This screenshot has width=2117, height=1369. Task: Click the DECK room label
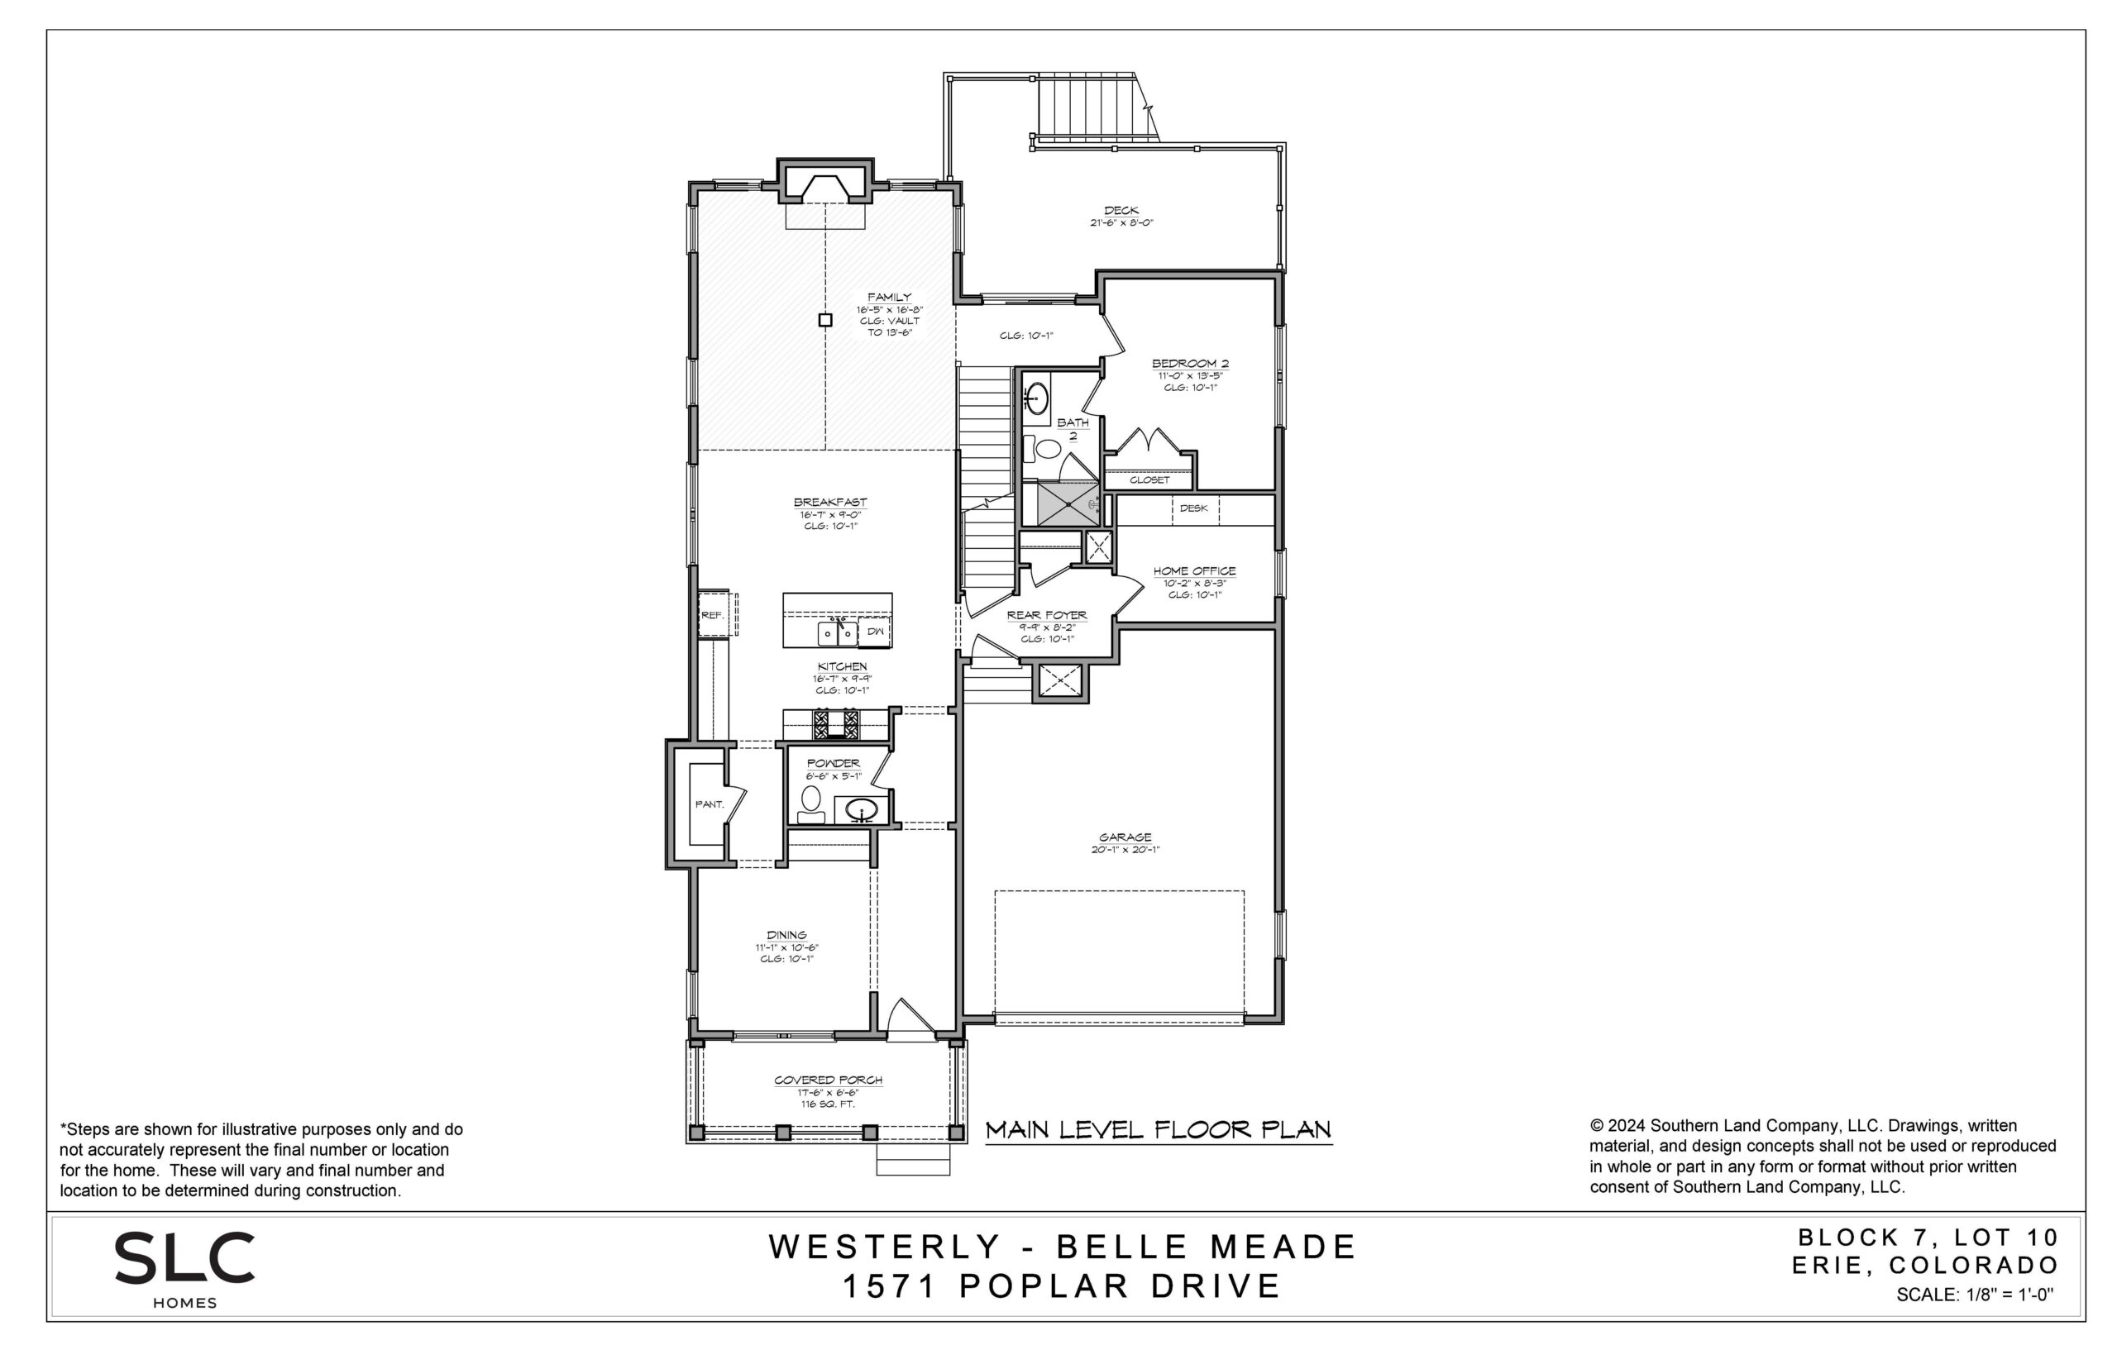[x=1121, y=211]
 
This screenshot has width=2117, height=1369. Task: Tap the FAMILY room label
[x=889, y=297]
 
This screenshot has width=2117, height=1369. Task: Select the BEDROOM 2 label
[x=1190, y=363]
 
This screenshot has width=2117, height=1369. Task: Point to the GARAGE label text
[x=1125, y=837]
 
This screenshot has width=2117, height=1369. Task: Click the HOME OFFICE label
[x=1194, y=570]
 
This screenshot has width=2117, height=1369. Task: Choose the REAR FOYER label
[x=1046, y=614]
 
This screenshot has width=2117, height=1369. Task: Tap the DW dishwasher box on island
[x=875, y=631]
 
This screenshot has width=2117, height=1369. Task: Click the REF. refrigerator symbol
[x=713, y=614]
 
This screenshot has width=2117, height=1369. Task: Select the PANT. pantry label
[x=709, y=804]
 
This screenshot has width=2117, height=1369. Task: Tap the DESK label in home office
[x=1193, y=508]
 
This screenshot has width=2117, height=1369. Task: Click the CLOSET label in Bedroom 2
[x=1149, y=479]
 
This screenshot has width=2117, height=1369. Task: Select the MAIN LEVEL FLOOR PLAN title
[x=1159, y=1130]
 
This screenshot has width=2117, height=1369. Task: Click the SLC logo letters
[x=185, y=1257]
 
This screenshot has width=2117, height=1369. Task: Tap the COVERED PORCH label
[x=828, y=1080]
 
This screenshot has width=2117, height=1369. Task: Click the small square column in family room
[x=825, y=320]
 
